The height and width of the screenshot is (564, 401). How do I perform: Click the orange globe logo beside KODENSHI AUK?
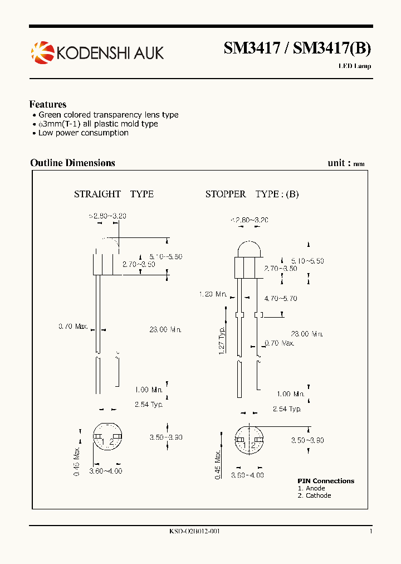(x=42, y=52)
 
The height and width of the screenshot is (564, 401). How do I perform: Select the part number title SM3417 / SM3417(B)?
(x=297, y=49)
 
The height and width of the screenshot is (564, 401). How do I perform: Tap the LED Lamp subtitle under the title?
(x=354, y=66)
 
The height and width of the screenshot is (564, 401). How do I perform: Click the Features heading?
(x=48, y=104)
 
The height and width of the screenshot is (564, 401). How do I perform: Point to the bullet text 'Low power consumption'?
(x=84, y=133)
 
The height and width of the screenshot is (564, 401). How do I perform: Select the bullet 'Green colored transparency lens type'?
(x=109, y=115)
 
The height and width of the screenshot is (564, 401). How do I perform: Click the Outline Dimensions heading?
(x=72, y=163)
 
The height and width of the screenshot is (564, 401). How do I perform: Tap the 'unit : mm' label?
(x=346, y=163)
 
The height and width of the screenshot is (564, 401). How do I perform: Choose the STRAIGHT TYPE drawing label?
(x=114, y=194)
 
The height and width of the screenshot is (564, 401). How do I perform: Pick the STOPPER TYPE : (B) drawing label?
(x=252, y=194)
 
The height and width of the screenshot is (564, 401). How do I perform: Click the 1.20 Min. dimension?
(x=213, y=294)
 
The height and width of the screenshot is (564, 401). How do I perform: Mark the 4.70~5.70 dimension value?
(x=281, y=299)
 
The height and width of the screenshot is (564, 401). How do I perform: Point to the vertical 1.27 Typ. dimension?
(x=221, y=341)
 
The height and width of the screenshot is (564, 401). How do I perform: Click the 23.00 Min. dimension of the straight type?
(x=165, y=329)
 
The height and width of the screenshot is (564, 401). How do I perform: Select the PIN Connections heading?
(x=326, y=481)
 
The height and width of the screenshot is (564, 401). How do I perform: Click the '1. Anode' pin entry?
(x=311, y=488)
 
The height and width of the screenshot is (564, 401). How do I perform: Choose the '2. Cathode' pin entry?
(x=314, y=495)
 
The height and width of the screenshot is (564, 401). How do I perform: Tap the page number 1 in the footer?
(x=370, y=531)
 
